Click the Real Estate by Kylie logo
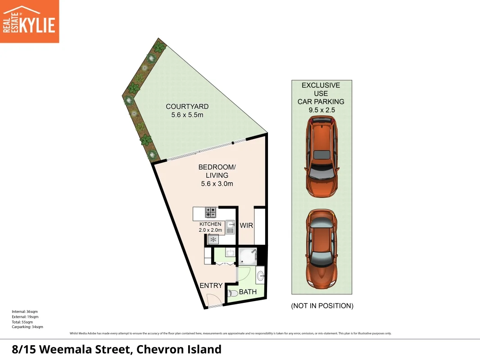29,21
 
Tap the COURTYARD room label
187,107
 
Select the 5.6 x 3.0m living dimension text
217,184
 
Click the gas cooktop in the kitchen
211,211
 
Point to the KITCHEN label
210,224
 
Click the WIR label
246,225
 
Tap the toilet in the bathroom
232,293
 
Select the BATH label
248,292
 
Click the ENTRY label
211,286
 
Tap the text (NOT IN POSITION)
322,306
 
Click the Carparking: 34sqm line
27,327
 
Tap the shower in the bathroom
247,256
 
